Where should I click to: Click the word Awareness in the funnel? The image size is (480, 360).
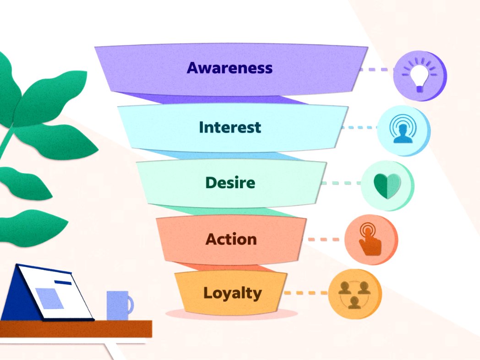(x=229, y=68)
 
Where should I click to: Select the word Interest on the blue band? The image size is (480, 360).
(x=230, y=127)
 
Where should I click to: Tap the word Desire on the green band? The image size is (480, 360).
(x=230, y=183)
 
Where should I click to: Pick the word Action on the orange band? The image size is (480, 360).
(x=231, y=239)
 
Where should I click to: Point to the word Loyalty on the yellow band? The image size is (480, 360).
(x=232, y=293)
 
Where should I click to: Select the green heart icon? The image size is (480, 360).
(x=387, y=185)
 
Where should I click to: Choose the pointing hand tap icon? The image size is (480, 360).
(x=370, y=240)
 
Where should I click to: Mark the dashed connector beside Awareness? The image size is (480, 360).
(x=376, y=70)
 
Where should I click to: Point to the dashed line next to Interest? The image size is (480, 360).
(x=359, y=128)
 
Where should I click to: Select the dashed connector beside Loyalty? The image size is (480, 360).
(x=306, y=293)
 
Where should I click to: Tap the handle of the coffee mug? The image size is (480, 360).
(x=131, y=305)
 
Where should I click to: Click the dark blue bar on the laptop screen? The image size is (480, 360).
(x=62, y=282)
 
